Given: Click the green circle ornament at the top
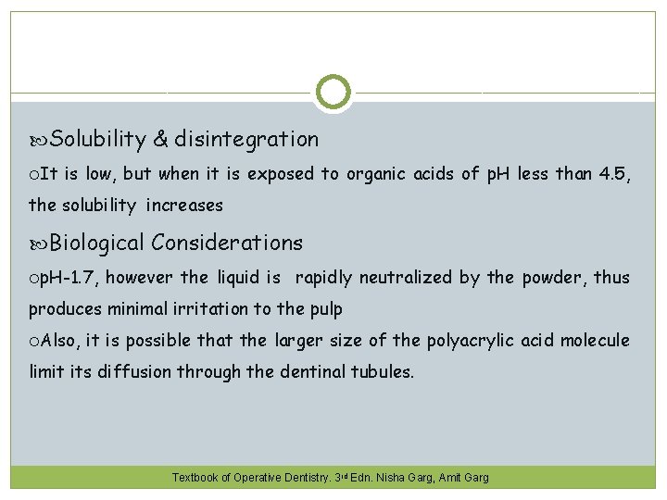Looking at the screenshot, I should pos(333,93).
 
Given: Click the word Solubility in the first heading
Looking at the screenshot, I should pos(98,140).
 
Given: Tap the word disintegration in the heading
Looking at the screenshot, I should pos(246,140).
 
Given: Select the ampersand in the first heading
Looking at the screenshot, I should pos(160,140).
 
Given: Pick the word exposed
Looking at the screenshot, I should pos(281,173).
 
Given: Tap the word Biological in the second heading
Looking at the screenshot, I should pos(97,244).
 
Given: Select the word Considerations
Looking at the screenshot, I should pos(227,244).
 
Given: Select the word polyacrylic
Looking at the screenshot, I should pos(472,341).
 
